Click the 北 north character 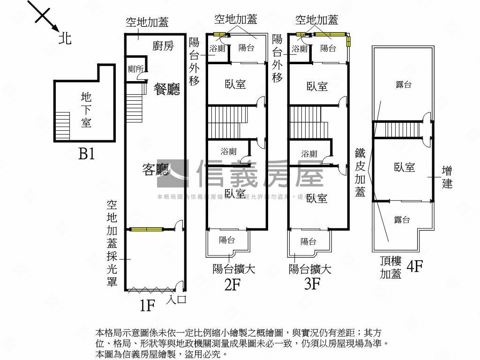65,38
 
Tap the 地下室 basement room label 86,110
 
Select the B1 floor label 86,153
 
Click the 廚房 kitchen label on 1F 163,45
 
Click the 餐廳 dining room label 167,89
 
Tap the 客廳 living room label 156,170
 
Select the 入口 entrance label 176,299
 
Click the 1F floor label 147,306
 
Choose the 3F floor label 312,285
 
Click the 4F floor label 415,267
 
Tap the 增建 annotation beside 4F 447,177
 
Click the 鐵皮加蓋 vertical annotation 360,172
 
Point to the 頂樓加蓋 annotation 390,268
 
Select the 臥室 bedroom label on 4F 405,167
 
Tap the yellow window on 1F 146,229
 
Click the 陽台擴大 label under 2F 233,270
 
